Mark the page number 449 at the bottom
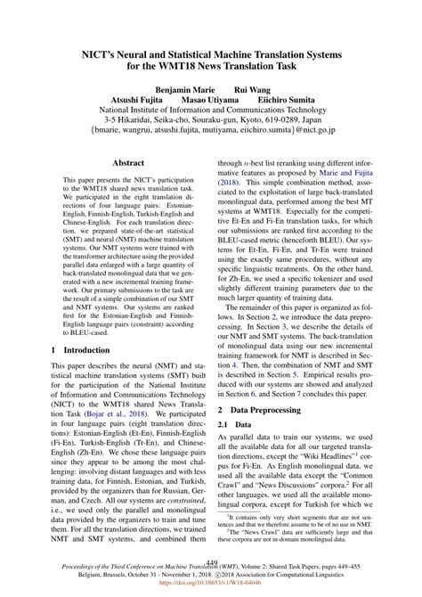(x=212, y=562)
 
